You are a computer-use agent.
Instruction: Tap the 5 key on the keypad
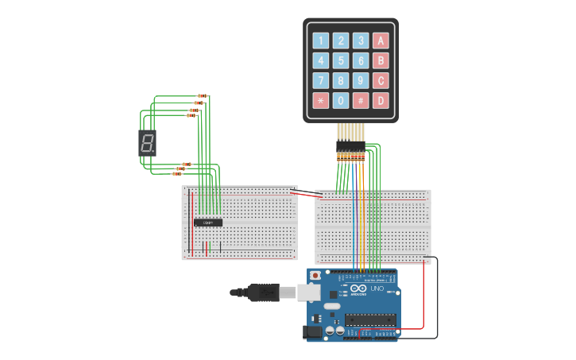pyautogui.click(x=341, y=60)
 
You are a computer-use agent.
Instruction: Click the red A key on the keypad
pyautogui.click(x=381, y=41)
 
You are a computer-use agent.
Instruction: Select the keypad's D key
pyautogui.click(x=381, y=100)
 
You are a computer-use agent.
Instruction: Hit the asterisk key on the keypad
pyautogui.click(x=321, y=100)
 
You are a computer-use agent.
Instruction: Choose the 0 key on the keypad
pyautogui.click(x=341, y=100)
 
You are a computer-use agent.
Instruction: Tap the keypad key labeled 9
pyautogui.click(x=361, y=80)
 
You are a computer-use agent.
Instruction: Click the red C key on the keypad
pyautogui.click(x=381, y=80)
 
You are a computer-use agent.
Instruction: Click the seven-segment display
pyautogui.click(x=148, y=143)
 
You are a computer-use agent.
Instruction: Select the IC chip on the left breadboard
pyautogui.click(x=208, y=222)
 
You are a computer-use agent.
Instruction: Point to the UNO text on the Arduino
pyautogui.click(x=377, y=288)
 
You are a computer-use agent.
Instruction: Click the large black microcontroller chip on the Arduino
pyautogui.click(x=369, y=319)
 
